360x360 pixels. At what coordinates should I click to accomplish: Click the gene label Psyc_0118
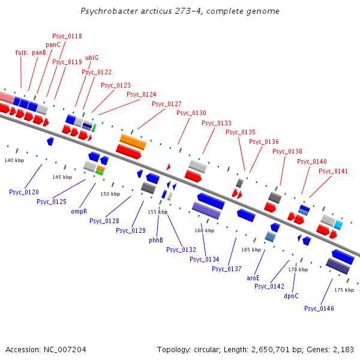pyautogui.click(x=67, y=36)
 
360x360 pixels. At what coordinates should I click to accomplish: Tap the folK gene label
pyautogui.click(x=21, y=53)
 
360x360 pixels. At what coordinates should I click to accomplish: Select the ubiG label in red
pyautogui.click(x=92, y=58)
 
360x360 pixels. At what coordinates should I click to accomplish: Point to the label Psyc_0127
pyautogui.click(x=166, y=104)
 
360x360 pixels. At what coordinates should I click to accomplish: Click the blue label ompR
pyautogui.click(x=79, y=211)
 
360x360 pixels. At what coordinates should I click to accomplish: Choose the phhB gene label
pyautogui.click(x=156, y=240)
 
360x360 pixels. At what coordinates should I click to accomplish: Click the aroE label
pyautogui.click(x=253, y=278)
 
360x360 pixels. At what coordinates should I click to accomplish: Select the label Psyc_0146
pyautogui.click(x=319, y=308)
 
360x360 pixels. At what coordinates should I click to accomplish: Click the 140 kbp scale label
pyautogui.click(x=14, y=160)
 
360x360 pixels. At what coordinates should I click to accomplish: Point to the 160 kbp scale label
pyautogui.click(x=204, y=230)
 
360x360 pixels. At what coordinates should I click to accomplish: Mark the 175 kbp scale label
pyautogui.click(x=344, y=290)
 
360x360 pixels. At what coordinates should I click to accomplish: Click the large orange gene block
pyautogui.click(x=133, y=142)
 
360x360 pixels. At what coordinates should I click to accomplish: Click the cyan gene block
pyautogui.click(x=338, y=225)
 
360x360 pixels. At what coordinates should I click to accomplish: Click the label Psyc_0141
pyautogui.click(x=333, y=171)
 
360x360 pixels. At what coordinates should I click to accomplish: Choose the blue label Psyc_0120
pyautogui.click(x=24, y=192)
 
